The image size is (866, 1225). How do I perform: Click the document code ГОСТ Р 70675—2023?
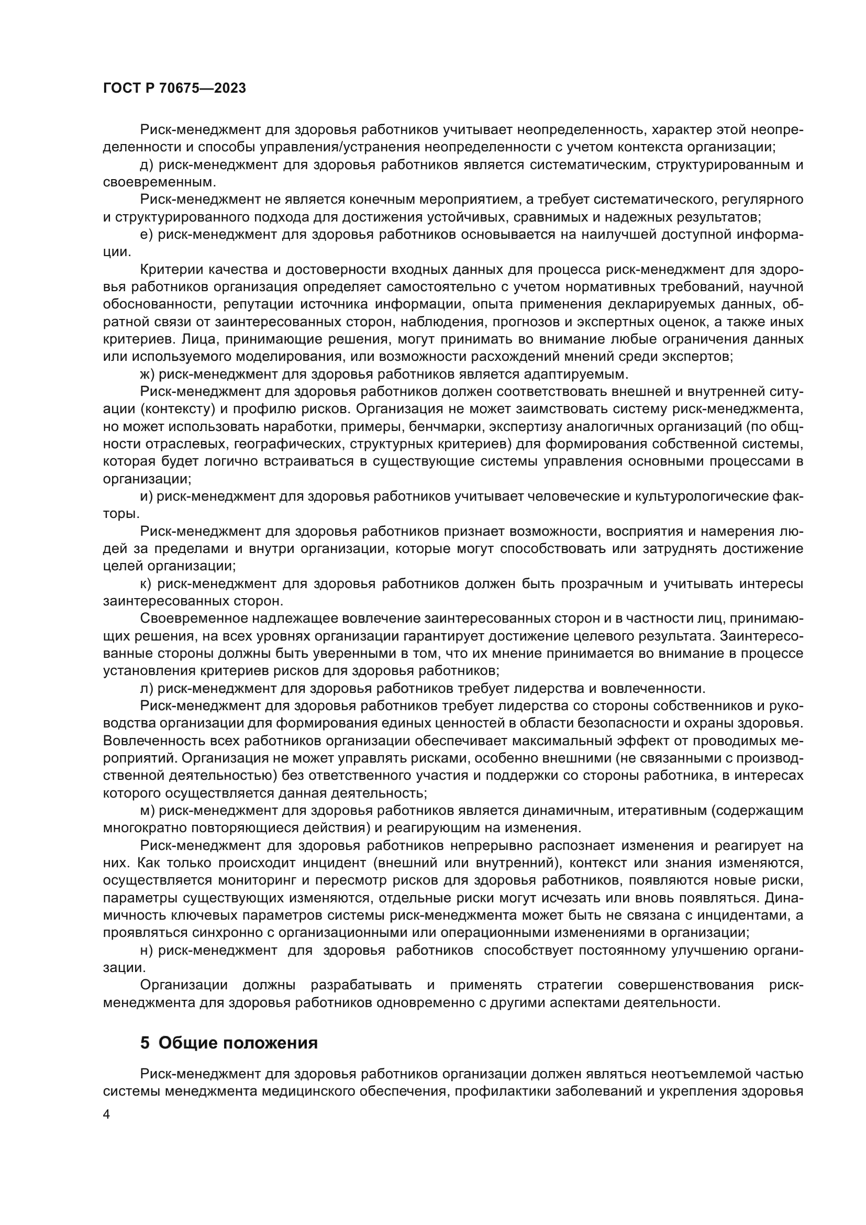click(174, 89)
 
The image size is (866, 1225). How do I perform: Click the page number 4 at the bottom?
click(107, 1116)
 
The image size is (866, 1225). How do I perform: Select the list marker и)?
click(146, 496)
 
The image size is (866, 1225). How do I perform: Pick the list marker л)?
click(146, 688)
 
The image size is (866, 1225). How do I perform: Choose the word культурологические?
click(694, 496)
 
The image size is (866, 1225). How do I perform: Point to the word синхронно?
click(233, 933)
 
